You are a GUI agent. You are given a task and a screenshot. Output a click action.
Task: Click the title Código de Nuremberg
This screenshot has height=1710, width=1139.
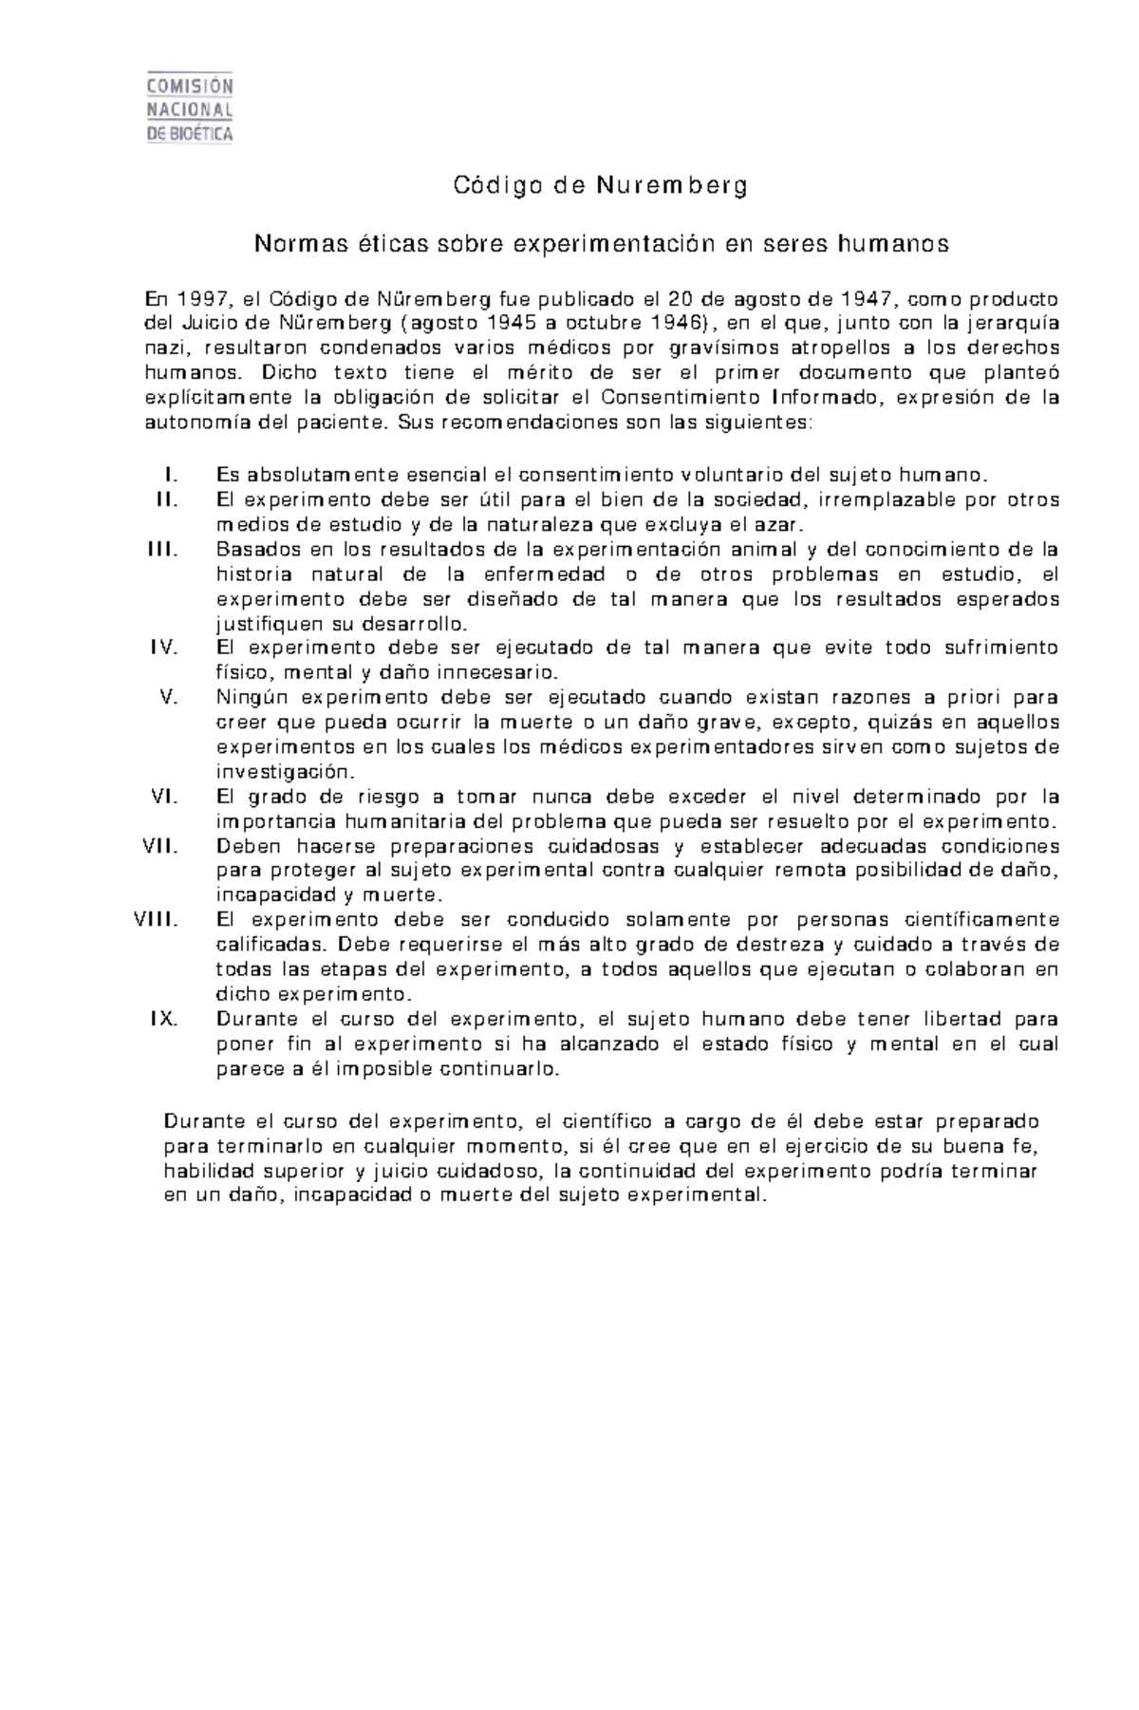coord(600,185)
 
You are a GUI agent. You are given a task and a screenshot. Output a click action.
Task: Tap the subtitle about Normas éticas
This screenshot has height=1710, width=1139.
coord(600,244)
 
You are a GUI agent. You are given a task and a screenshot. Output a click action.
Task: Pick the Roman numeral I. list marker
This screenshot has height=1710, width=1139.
coord(172,475)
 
